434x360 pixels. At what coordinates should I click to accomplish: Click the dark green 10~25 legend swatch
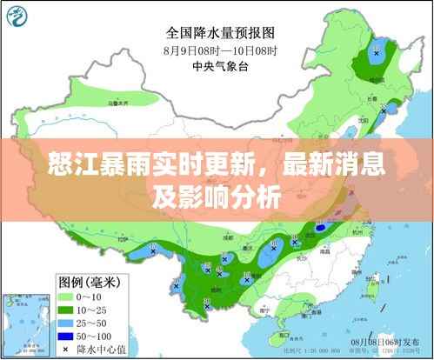click(69, 309)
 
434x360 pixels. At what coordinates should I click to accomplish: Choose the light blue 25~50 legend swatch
click(69, 323)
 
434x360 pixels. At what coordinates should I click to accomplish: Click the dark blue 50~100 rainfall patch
click(322, 228)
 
